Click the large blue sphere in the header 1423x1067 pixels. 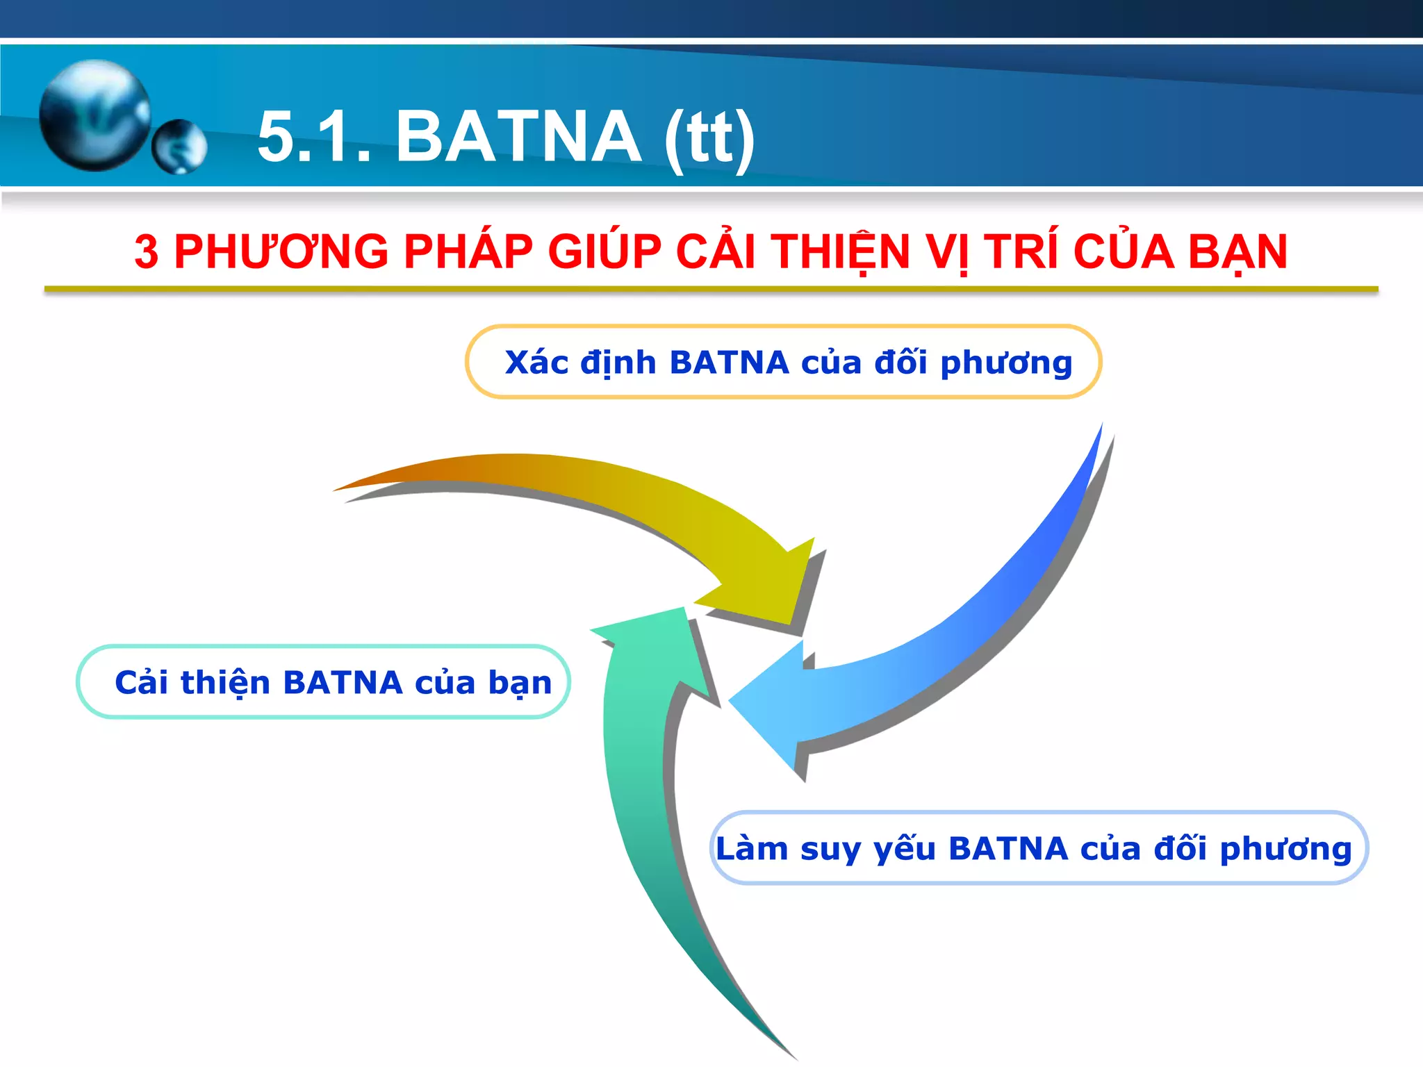point(94,115)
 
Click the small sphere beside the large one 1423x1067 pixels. point(179,146)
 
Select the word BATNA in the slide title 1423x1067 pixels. point(518,137)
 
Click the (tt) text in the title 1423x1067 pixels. point(709,138)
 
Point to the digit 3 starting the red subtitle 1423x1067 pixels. point(146,251)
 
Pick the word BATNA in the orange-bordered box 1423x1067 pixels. point(729,363)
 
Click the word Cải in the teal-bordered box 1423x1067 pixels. point(142,682)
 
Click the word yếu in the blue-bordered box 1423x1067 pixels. point(904,849)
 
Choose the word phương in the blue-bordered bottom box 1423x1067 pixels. point(1285,849)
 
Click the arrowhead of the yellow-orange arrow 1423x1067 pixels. point(771,584)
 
